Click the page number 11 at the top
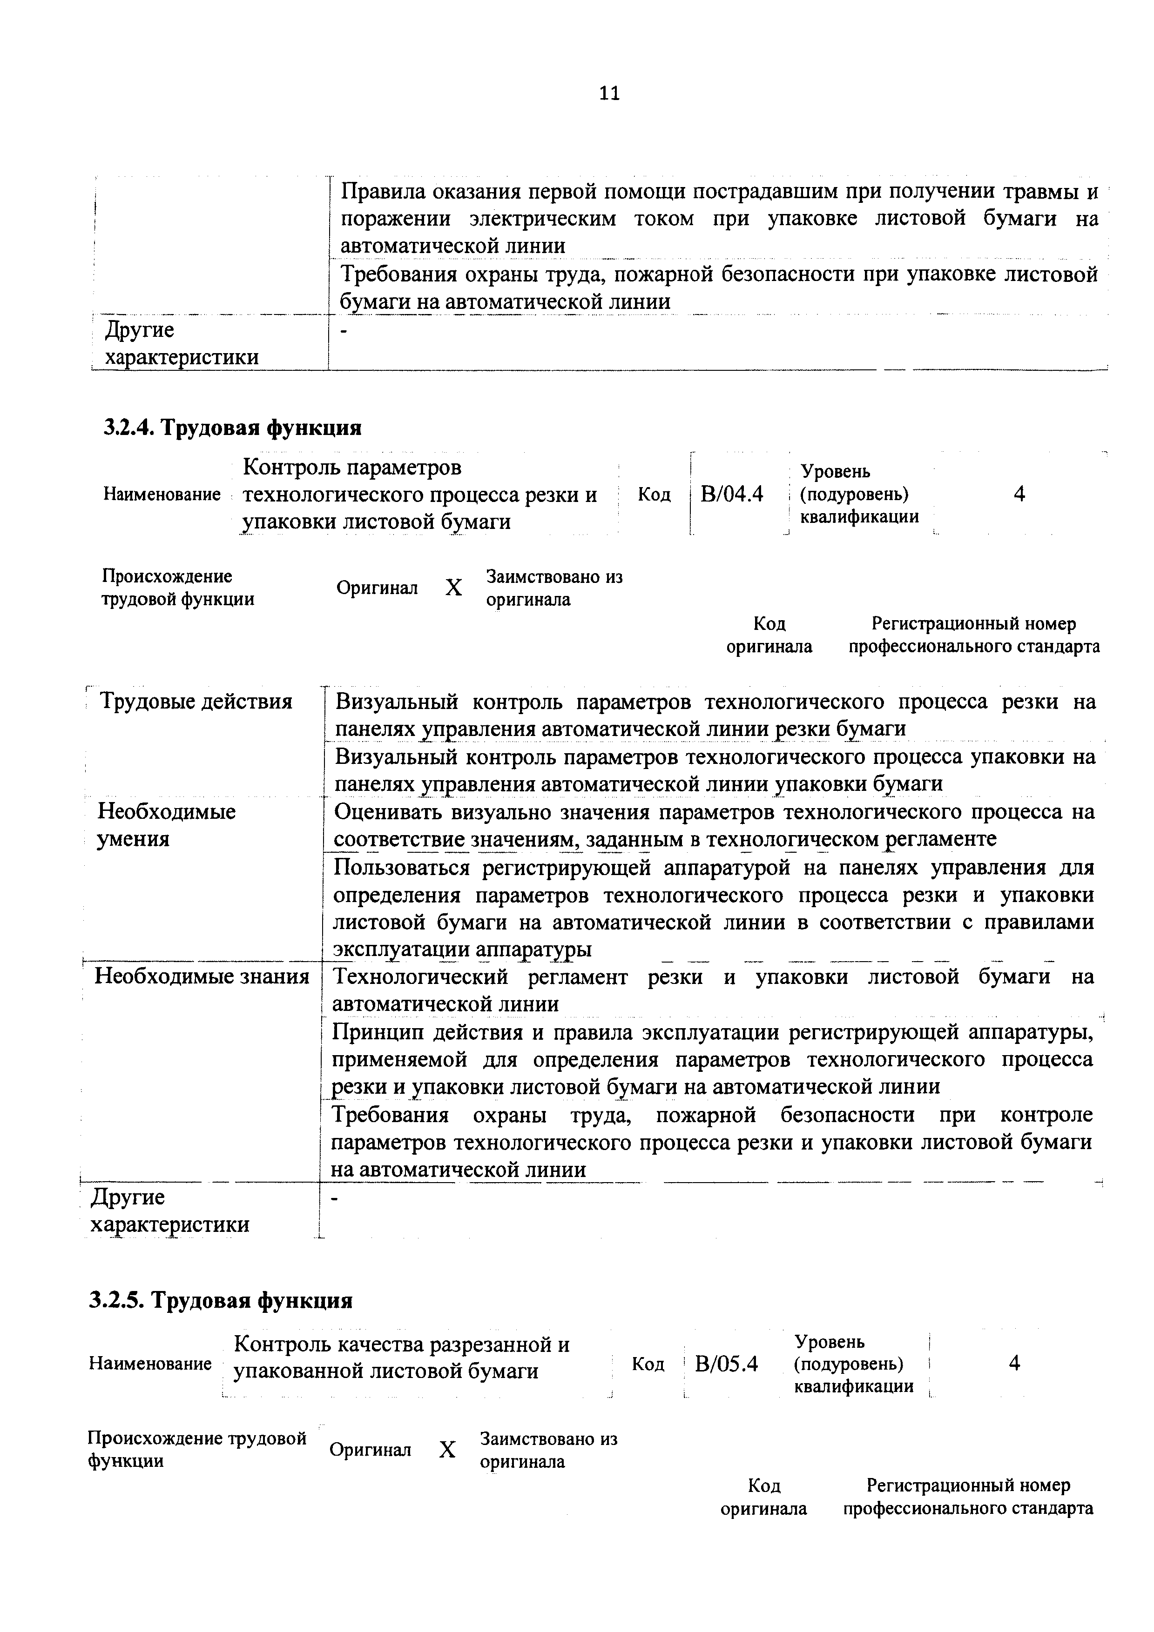click(609, 93)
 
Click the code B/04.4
click(732, 493)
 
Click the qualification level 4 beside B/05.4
click(1015, 1363)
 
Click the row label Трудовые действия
click(196, 702)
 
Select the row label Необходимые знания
click(202, 976)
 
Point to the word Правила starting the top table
click(383, 191)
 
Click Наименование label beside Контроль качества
click(150, 1363)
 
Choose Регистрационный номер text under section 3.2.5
click(968, 1485)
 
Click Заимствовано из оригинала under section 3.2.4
click(554, 587)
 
